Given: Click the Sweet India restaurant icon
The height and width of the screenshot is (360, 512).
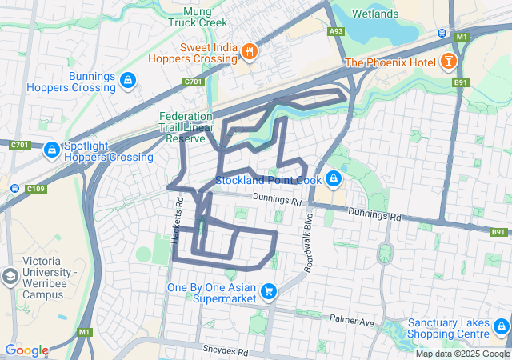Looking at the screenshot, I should click(250, 52).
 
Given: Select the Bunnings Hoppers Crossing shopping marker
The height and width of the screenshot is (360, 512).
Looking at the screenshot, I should click(127, 80).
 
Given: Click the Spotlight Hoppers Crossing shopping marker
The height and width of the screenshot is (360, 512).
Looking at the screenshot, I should click(51, 150).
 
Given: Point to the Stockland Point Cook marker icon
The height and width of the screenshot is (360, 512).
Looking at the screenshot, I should click(334, 179).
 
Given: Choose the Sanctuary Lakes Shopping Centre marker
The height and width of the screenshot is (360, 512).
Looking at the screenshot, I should click(502, 326).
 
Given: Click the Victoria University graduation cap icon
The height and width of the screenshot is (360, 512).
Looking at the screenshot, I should click(10, 277).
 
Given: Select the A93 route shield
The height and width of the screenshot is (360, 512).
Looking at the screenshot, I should click(336, 32).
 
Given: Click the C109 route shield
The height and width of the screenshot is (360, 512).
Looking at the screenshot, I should click(35, 189).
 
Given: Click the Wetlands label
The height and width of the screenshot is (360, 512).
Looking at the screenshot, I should click(375, 14).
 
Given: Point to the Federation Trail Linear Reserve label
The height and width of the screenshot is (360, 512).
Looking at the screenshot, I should click(186, 126).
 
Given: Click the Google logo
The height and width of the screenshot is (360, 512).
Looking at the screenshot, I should click(26, 350).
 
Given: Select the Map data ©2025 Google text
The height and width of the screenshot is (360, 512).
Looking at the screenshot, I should click(462, 354).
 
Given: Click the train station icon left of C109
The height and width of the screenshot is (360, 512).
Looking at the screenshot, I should click(14, 189).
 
